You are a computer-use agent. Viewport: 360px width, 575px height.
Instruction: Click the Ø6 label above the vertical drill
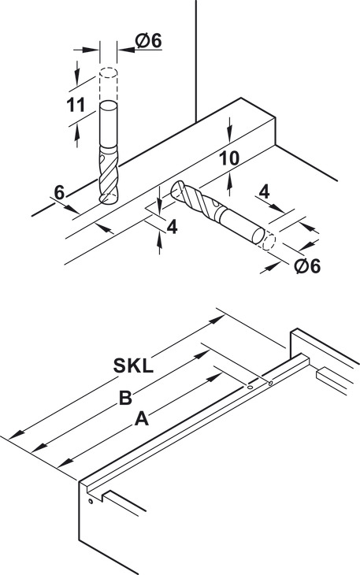tap(148, 41)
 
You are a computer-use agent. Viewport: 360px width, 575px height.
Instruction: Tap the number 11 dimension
tap(76, 106)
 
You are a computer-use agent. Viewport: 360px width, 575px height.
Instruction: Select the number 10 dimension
tap(229, 159)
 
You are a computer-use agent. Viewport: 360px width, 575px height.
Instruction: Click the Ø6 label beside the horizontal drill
tap(307, 266)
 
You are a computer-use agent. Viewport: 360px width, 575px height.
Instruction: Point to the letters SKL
tap(133, 365)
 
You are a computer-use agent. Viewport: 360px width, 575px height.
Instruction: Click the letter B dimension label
tap(126, 398)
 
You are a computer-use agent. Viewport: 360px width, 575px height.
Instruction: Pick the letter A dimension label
tap(142, 419)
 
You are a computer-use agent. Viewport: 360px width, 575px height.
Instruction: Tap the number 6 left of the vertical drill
tap(59, 192)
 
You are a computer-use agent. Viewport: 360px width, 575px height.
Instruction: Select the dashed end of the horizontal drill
tap(269, 241)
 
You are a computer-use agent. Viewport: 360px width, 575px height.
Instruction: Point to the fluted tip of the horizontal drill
tap(195, 200)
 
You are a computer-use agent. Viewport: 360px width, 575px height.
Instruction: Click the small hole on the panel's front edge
tap(91, 501)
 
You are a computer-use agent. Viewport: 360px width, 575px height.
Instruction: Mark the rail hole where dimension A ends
tap(250, 387)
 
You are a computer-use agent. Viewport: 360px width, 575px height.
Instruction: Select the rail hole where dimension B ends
tap(270, 384)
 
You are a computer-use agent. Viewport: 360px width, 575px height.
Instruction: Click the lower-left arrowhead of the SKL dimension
tap(16, 434)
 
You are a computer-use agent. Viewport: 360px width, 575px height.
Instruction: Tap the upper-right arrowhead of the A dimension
tap(214, 378)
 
